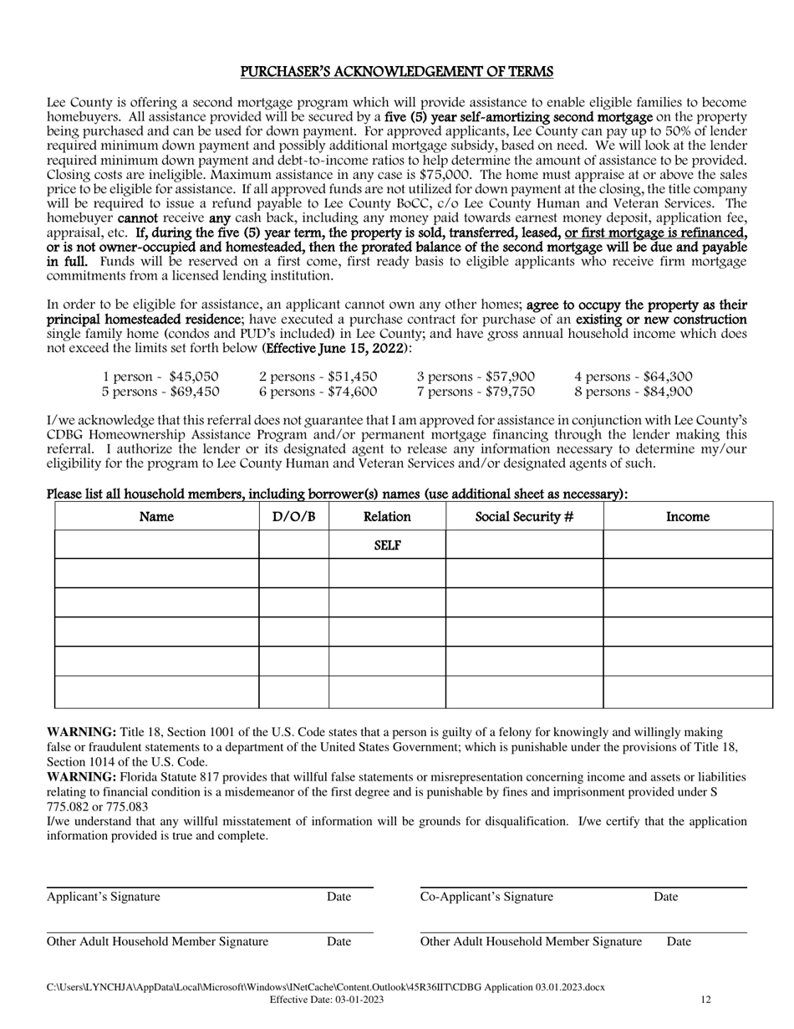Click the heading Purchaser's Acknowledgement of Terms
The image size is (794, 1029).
(396, 72)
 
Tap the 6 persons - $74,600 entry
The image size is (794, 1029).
(318, 391)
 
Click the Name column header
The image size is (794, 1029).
(156, 517)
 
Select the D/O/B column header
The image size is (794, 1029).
(293, 517)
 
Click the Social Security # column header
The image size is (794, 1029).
(524, 517)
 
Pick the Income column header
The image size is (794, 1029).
(687, 517)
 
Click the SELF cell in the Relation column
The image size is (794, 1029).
(387, 545)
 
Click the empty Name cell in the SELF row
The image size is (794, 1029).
(156, 545)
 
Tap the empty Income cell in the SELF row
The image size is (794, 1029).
(687, 545)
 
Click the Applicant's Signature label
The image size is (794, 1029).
(103, 897)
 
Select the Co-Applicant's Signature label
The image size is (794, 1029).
(486, 897)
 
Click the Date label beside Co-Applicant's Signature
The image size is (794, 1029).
(665, 897)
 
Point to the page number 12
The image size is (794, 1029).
(705, 999)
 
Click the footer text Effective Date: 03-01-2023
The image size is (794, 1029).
(327, 999)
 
